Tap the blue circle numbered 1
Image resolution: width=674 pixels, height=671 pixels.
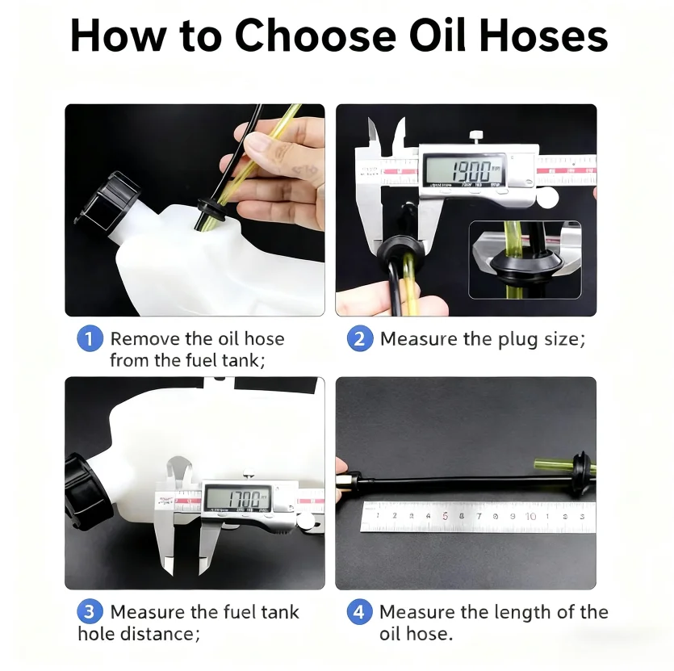[90, 338]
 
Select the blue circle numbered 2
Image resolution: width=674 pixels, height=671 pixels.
[360, 338]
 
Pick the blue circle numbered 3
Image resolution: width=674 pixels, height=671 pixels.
[90, 612]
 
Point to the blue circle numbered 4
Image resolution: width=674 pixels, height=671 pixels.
[360, 612]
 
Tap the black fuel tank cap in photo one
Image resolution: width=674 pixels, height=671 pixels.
[106, 199]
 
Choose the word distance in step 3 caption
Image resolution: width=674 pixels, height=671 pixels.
[156, 634]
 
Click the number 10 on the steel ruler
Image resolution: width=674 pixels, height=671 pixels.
[530, 515]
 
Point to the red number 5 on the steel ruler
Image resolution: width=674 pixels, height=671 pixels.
[445, 515]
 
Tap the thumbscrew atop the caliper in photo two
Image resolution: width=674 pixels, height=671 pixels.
[476, 136]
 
